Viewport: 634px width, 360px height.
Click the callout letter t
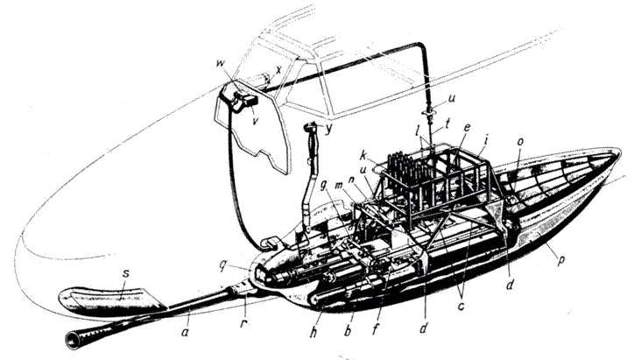coord(447,124)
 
